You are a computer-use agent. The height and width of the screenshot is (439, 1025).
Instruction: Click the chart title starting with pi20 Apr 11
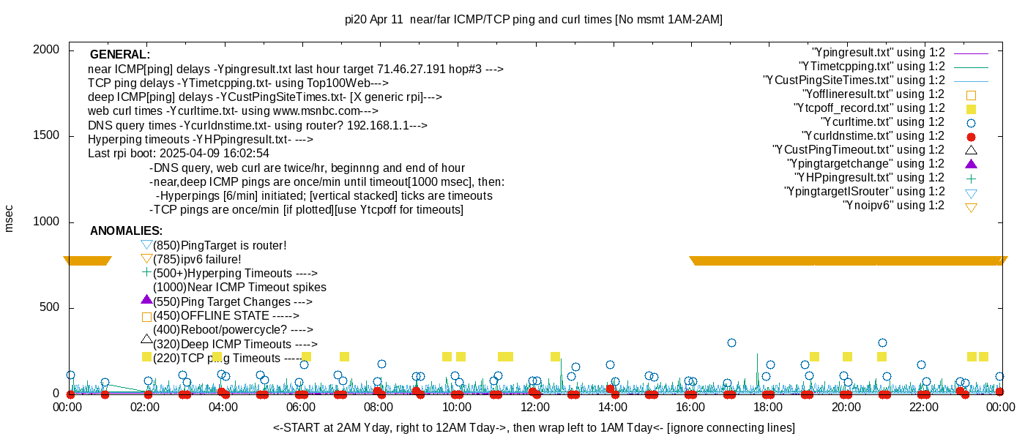[x=533, y=20]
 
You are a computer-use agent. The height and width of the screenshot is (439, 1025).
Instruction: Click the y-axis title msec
[x=10, y=217]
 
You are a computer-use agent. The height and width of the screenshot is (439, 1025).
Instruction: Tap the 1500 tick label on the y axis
[x=47, y=136]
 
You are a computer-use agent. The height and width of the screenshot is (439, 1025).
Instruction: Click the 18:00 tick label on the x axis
[x=768, y=407]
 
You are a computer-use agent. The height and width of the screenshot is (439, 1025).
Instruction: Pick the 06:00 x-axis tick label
[x=301, y=407]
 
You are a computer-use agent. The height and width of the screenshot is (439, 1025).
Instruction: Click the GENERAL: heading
[x=120, y=55]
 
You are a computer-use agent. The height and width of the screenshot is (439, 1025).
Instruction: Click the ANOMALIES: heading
[x=126, y=231]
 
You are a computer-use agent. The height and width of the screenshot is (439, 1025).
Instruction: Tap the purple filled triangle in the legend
[x=972, y=164]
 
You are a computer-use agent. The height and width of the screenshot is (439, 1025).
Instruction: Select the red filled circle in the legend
[x=972, y=136]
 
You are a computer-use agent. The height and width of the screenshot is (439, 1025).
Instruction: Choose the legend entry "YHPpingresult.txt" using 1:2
[x=869, y=178]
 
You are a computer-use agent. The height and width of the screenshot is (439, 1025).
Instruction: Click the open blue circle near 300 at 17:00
[x=731, y=342]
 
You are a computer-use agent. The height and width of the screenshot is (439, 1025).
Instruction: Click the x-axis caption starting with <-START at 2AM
[x=534, y=427]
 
